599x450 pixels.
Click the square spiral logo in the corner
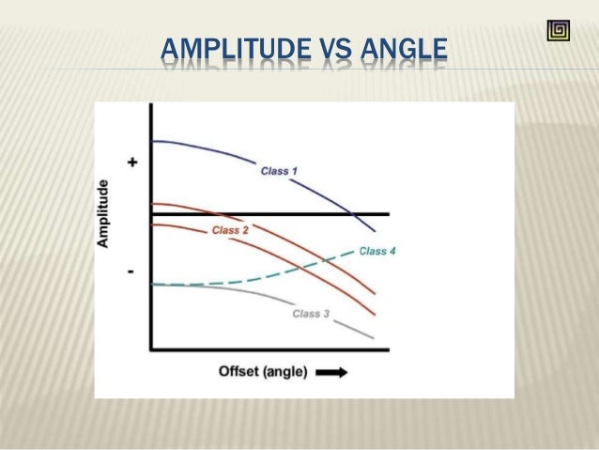pos(558,31)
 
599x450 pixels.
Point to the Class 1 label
pos(278,171)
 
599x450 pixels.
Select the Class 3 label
pos(311,314)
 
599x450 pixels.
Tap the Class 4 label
pos(377,251)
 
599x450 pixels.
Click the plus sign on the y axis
pos(132,163)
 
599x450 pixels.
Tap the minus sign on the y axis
pos(131,272)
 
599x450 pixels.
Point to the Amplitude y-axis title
pos(104,213)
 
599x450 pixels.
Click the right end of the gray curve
pos(374,337)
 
